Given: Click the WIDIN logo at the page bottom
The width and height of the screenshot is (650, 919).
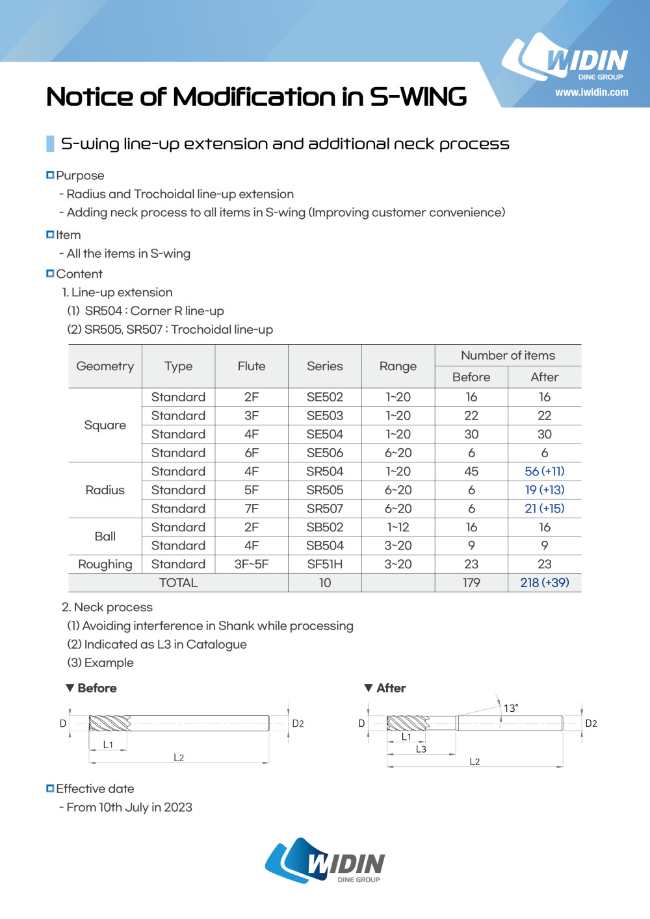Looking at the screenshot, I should [x=325, y=861].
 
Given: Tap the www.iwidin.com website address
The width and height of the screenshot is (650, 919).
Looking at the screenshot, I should [x=591, y=92].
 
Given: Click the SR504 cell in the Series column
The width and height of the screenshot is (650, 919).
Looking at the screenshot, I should [x=324, y=472].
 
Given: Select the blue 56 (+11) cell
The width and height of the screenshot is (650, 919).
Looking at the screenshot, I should [x=544, y=472].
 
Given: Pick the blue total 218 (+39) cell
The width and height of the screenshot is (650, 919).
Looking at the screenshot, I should [x=544, y=583].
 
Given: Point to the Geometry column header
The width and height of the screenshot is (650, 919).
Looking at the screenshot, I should [x=105, y=366].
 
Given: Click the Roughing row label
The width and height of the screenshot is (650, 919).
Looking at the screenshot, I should [x=105, y=564].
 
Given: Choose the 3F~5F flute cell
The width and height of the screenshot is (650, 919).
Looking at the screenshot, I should [x=252, y=564].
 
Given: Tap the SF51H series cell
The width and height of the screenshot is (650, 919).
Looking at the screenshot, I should [x=324, y=564].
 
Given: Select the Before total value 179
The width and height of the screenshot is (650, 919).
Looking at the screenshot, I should [x=471, y=583].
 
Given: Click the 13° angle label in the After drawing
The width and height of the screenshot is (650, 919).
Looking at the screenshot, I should [x=511, y=708].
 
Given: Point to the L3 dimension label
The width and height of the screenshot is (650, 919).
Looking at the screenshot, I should [x=421, y=749].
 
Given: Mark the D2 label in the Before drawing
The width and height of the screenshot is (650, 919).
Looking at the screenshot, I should [x=298, y=724].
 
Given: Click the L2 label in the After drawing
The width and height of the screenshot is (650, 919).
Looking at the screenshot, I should [x=474, y=762].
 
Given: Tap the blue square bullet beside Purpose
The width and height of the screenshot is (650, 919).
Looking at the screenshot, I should [x=50, y=175].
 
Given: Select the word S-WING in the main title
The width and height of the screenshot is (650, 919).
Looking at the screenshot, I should [x=418, y=97].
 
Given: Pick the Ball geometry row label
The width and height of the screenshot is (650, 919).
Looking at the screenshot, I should [x=105, y=536].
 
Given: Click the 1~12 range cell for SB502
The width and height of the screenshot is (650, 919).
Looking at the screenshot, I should [x=398, y=527].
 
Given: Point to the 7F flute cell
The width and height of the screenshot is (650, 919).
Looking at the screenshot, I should [x=252, y=509].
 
